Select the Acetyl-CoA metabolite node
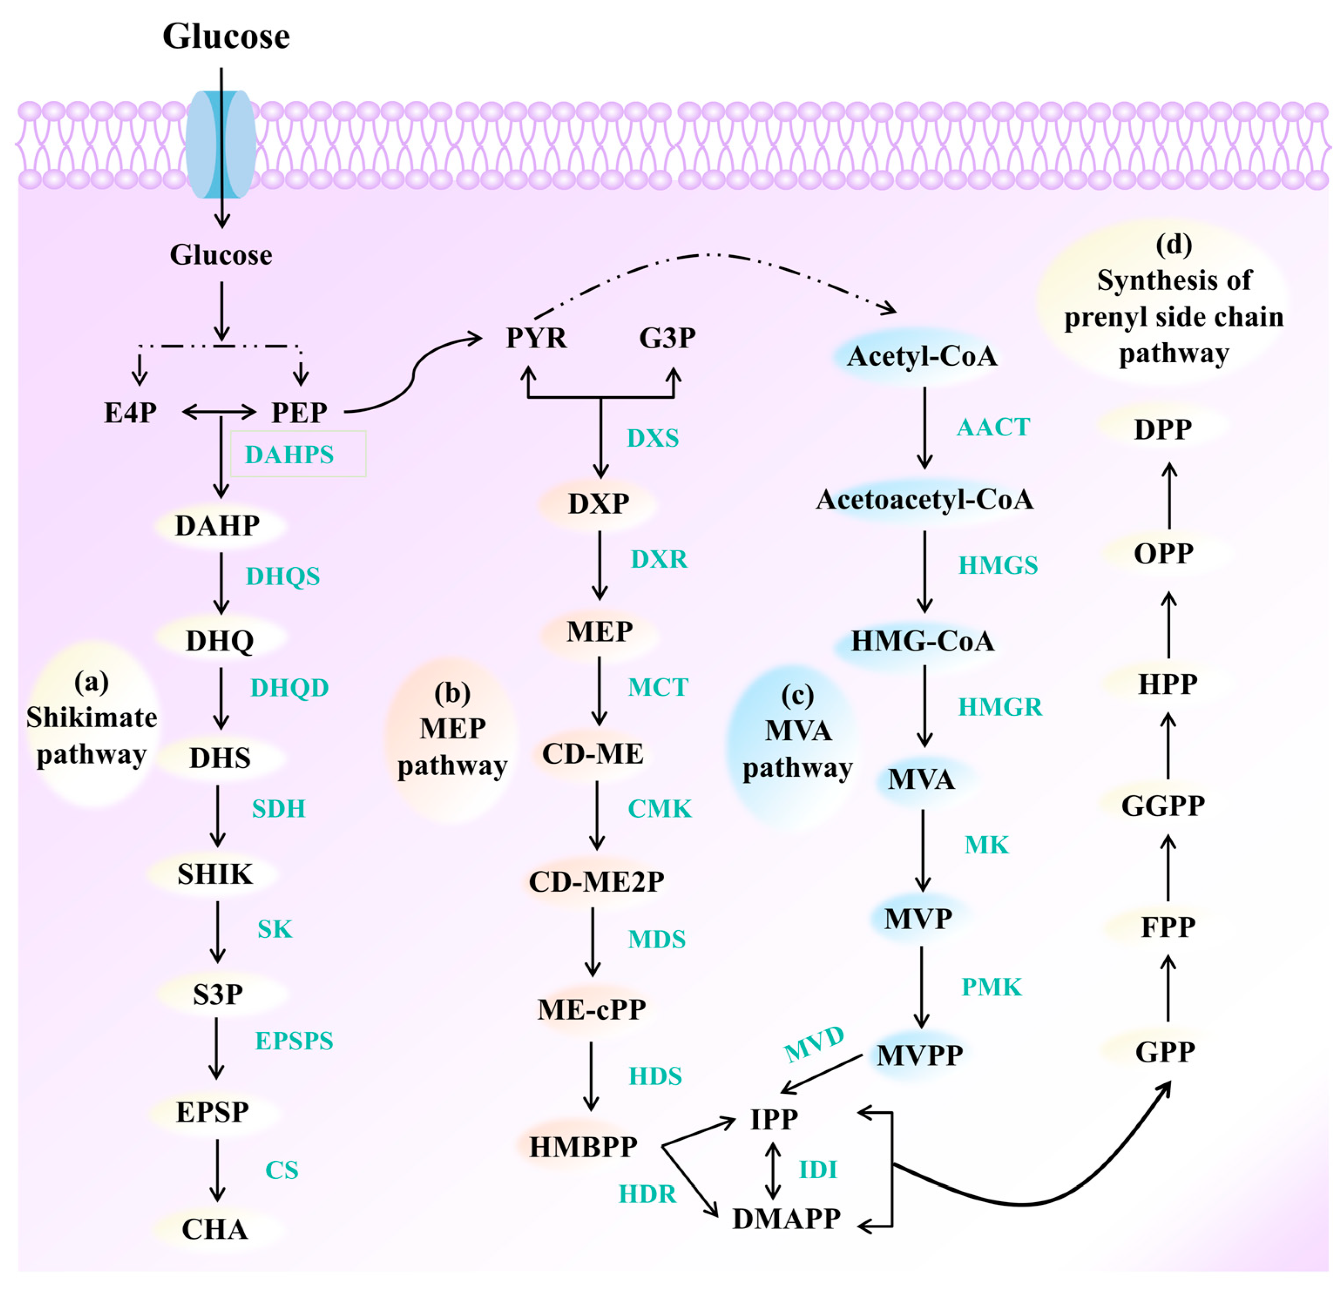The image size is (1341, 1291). point(922,356)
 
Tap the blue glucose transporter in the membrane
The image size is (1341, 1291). point(221,145)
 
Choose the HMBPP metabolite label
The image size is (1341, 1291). point(584,1146)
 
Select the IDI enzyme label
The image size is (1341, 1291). point(817,1169)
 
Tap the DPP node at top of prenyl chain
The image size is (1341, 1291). point(1163,429)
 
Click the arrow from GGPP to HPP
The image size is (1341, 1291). point(1169,746)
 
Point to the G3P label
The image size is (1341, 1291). point(667,338)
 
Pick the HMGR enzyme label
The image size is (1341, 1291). point(1000,707)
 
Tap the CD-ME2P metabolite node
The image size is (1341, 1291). point(596,881)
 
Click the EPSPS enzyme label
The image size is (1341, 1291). point(294,1041)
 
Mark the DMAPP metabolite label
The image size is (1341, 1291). point(786,1218)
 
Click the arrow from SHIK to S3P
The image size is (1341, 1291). point(218,932)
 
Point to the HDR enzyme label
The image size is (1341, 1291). point(647,1194)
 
